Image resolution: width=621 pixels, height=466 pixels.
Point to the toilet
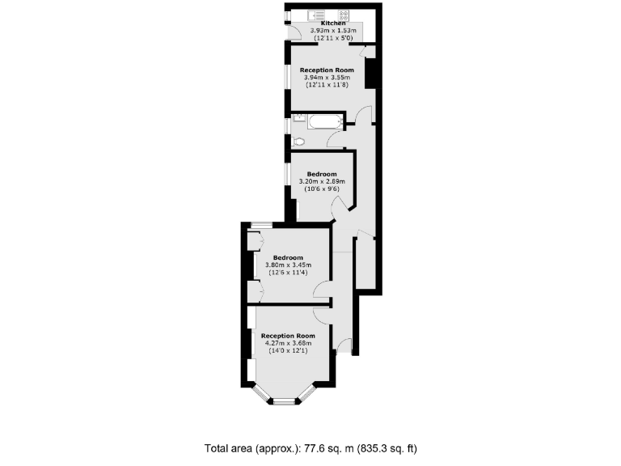(298, 141)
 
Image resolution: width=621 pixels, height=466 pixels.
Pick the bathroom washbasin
(298, 118)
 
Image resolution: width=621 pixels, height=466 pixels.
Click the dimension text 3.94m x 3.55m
(327, 78)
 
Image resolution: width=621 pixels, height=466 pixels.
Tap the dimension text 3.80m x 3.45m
(288, 265)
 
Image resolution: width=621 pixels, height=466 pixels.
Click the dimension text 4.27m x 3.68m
(288, 342)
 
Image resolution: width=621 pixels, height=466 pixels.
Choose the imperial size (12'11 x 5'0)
(327, 38)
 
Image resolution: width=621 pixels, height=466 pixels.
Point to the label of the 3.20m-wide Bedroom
(322, 174)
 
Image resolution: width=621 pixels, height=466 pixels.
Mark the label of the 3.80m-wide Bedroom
(288, 258)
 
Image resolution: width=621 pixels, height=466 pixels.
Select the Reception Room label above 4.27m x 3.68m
(288, 335)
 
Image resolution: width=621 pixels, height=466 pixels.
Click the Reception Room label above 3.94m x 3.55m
(327, 70)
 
